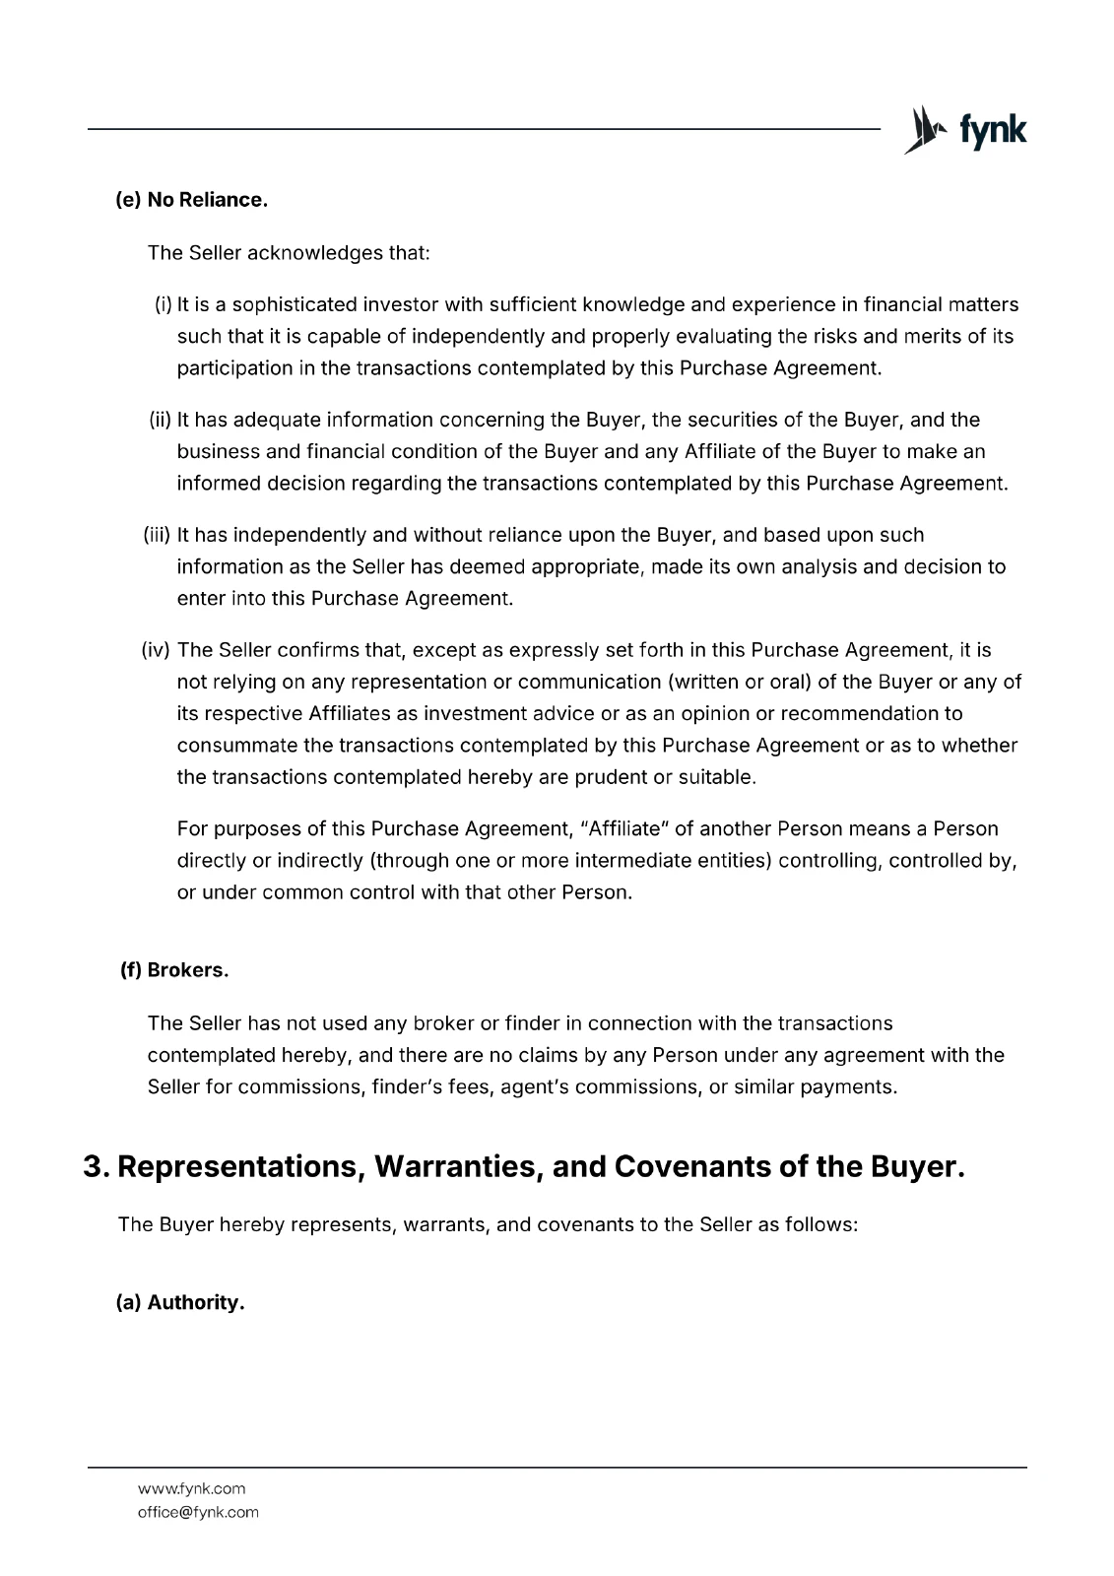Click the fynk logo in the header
tap(965, 130)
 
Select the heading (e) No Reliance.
tap(192, 200)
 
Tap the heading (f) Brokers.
tap(174, 970)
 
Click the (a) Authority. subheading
tap(180, 1303)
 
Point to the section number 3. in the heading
tap(96, 1167)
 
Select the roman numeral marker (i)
tap(164, 304)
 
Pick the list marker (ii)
tap(161, 420)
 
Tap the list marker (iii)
tap(158, 535)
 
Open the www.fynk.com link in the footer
tap(191, 1488)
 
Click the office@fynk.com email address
tap(198, 1512)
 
